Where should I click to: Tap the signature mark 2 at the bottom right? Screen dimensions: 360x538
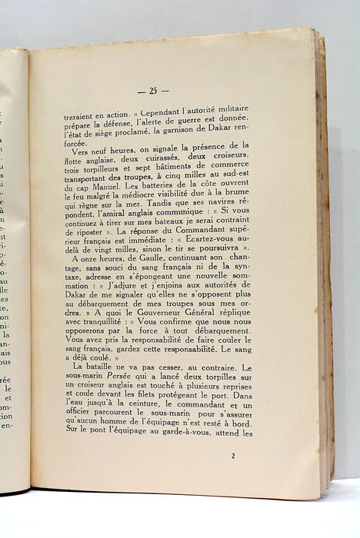tap(232, 456)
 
